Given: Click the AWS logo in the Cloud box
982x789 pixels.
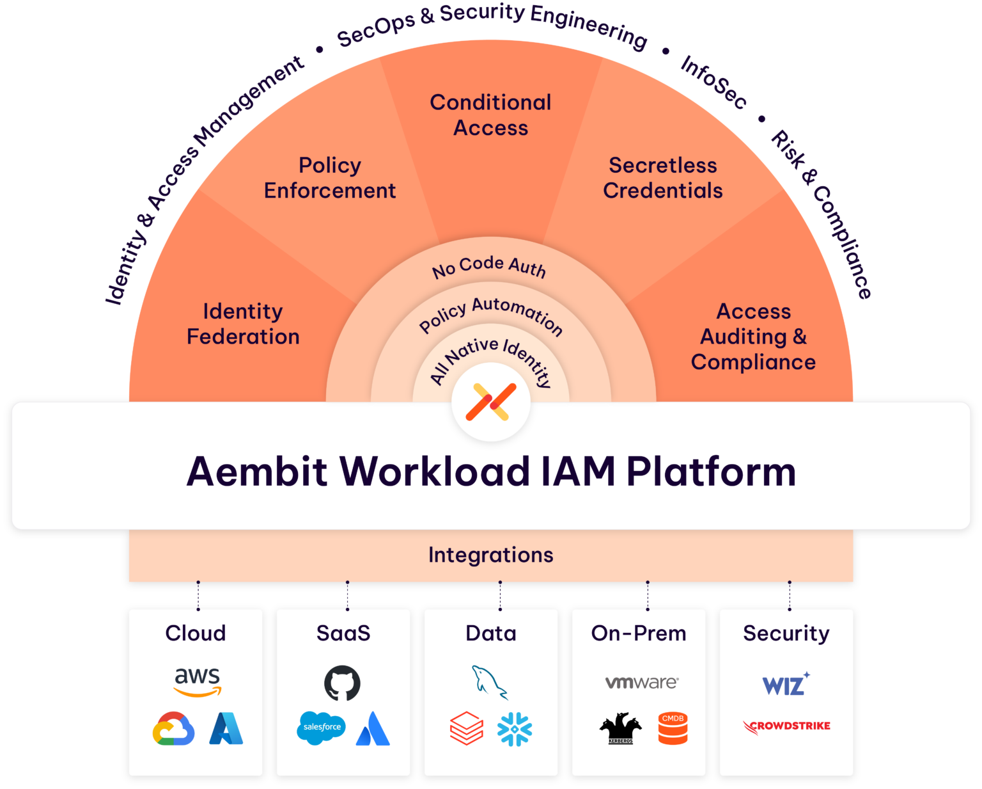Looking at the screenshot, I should [x=198, y=681].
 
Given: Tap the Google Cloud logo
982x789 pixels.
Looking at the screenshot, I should [x=173, y=729].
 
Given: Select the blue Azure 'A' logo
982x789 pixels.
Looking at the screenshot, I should [x=226, y=729].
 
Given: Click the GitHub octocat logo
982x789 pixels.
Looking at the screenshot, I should [x=342, y=683].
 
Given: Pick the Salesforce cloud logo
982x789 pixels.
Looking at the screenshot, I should [x=321, y=728].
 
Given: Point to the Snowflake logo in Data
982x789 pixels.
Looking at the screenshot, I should [x=515, y=729].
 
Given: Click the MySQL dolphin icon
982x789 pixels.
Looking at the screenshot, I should [x=489, y=682].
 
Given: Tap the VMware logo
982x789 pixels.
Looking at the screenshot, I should [x=641, y=682].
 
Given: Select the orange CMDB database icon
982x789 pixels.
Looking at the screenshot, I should [x=673, y=729].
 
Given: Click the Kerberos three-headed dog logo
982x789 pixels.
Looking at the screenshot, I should [x=620, y=729].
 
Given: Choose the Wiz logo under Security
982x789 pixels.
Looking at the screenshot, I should [x=786, y=685].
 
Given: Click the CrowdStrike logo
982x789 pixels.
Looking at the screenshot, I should [x=787, y=726].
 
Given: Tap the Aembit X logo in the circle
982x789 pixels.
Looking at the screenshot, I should [x=491, y=402].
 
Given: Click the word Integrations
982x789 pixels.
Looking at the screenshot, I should [x=491, y=555].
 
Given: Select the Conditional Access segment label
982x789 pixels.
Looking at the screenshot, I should [x=491, y=115].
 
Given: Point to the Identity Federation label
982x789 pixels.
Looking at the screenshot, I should [x=243, y=324].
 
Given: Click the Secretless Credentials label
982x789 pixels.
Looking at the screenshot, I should [x=663, y=178].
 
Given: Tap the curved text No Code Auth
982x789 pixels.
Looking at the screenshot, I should [x=490, y=266].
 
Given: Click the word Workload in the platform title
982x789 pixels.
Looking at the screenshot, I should [x=435, y=472].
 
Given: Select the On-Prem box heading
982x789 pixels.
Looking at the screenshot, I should [x=639, y=633].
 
